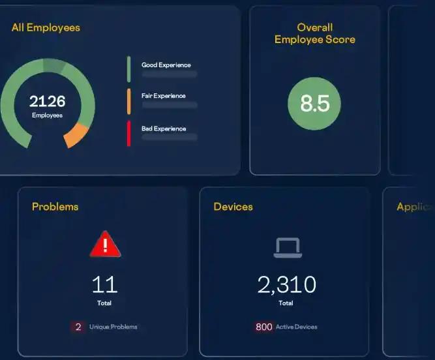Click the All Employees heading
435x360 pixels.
point(46,27)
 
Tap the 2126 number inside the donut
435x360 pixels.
point(47,101)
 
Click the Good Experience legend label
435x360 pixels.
point(166,65)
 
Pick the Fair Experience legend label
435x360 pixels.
point(164,96)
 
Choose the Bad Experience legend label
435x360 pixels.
point(164,128)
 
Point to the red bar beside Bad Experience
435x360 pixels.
point(129,133)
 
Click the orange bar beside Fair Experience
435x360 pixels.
point(129,101)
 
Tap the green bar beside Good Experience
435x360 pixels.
point(129,69)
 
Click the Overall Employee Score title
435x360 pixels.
point(315,33)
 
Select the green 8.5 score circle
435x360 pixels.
point(314,104)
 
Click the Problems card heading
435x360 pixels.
point(55,207)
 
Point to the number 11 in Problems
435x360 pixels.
point(104,284)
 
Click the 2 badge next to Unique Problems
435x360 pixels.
point(78,327)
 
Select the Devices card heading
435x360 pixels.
point(233,207)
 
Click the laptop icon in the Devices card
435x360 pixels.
point(286,247)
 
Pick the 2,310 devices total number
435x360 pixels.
point(286,284)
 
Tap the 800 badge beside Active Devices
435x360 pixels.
point(263,327)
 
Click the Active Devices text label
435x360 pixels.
point(297,327)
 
